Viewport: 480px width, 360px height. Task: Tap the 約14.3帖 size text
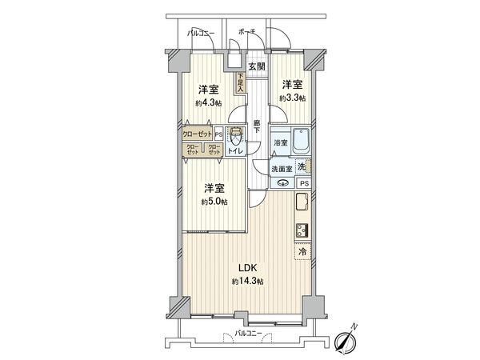coord(248,282)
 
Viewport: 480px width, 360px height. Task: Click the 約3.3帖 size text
coord(293,97)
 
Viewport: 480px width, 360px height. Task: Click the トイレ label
coord(236,150)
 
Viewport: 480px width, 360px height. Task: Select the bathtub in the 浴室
coord(298,145)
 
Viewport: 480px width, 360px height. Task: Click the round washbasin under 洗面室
coord(282,183)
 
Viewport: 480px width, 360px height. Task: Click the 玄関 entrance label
coord(256,67)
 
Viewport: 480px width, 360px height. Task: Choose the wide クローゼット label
coord(196,134)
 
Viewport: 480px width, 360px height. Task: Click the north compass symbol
coord(346,340)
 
